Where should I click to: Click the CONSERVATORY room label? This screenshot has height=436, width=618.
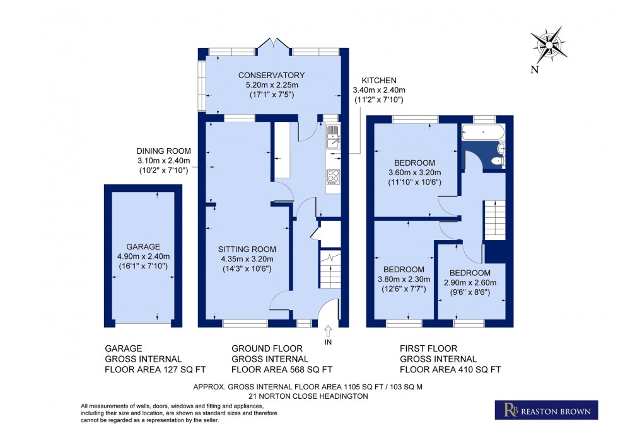271,76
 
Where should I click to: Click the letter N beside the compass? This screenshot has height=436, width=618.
534,70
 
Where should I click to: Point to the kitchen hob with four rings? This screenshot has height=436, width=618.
332,176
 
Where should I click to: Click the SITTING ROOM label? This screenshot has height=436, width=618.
246,248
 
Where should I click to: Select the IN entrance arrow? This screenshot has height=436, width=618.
327,333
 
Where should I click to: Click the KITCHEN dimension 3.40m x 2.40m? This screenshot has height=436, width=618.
378,90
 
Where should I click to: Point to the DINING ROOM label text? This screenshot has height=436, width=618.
163,151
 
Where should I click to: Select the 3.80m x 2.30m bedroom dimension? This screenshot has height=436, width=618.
403,279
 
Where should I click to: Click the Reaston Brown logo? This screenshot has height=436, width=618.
545,411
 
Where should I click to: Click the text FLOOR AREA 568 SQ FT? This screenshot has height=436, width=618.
282,370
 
